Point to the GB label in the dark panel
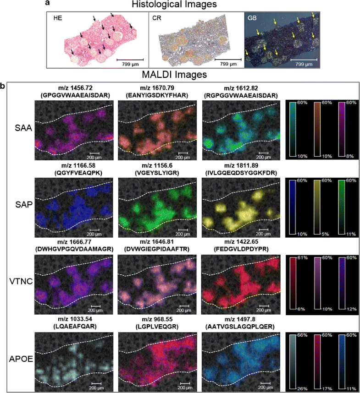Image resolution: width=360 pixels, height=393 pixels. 252,18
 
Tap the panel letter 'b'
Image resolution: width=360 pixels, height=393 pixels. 3,86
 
